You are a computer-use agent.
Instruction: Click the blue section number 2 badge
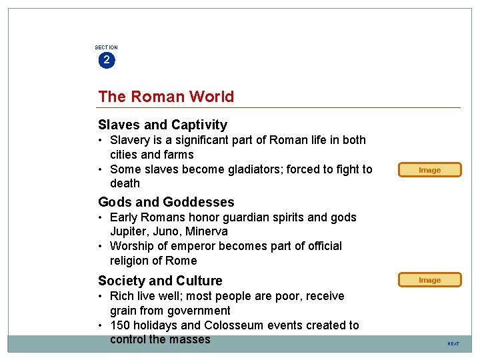tap(106, 60)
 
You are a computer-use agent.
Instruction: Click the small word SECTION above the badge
tap(106, 47)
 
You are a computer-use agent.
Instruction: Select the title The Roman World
tap(166, 97)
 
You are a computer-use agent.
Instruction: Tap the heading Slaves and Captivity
tap(163, 125)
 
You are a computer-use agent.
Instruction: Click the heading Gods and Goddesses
tap(166, 202)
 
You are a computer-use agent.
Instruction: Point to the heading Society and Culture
tap(160, 281)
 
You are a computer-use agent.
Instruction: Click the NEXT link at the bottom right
tap(453, 343)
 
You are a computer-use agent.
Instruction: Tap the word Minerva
tap(207, 232)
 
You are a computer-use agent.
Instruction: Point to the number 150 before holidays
tap(120, 325)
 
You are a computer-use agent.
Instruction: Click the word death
tap(125, 183)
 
